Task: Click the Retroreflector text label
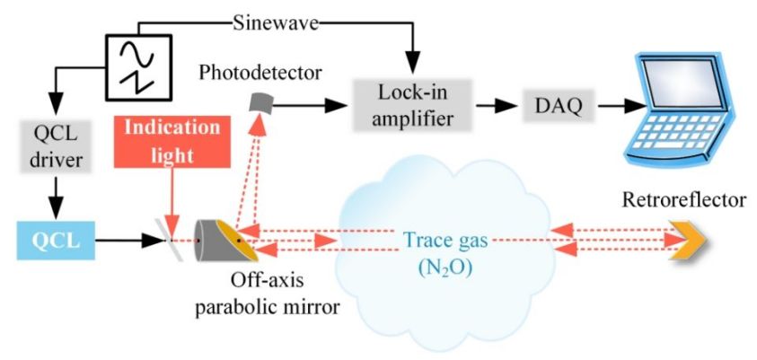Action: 684,198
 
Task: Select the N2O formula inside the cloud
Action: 446,268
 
